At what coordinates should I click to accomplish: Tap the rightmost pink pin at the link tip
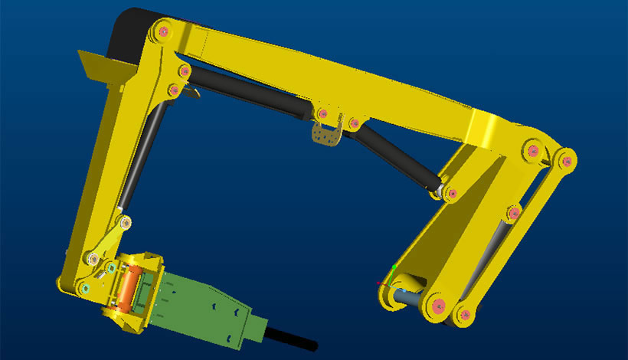click(x=567, y=161)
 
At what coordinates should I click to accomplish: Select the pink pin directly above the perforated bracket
click(x=322, y=115)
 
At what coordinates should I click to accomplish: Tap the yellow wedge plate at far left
click(x=98, y=65)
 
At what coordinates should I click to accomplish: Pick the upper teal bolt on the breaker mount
click(x=112, y=268)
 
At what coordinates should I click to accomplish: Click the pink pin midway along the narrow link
click(x=515, y=211)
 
